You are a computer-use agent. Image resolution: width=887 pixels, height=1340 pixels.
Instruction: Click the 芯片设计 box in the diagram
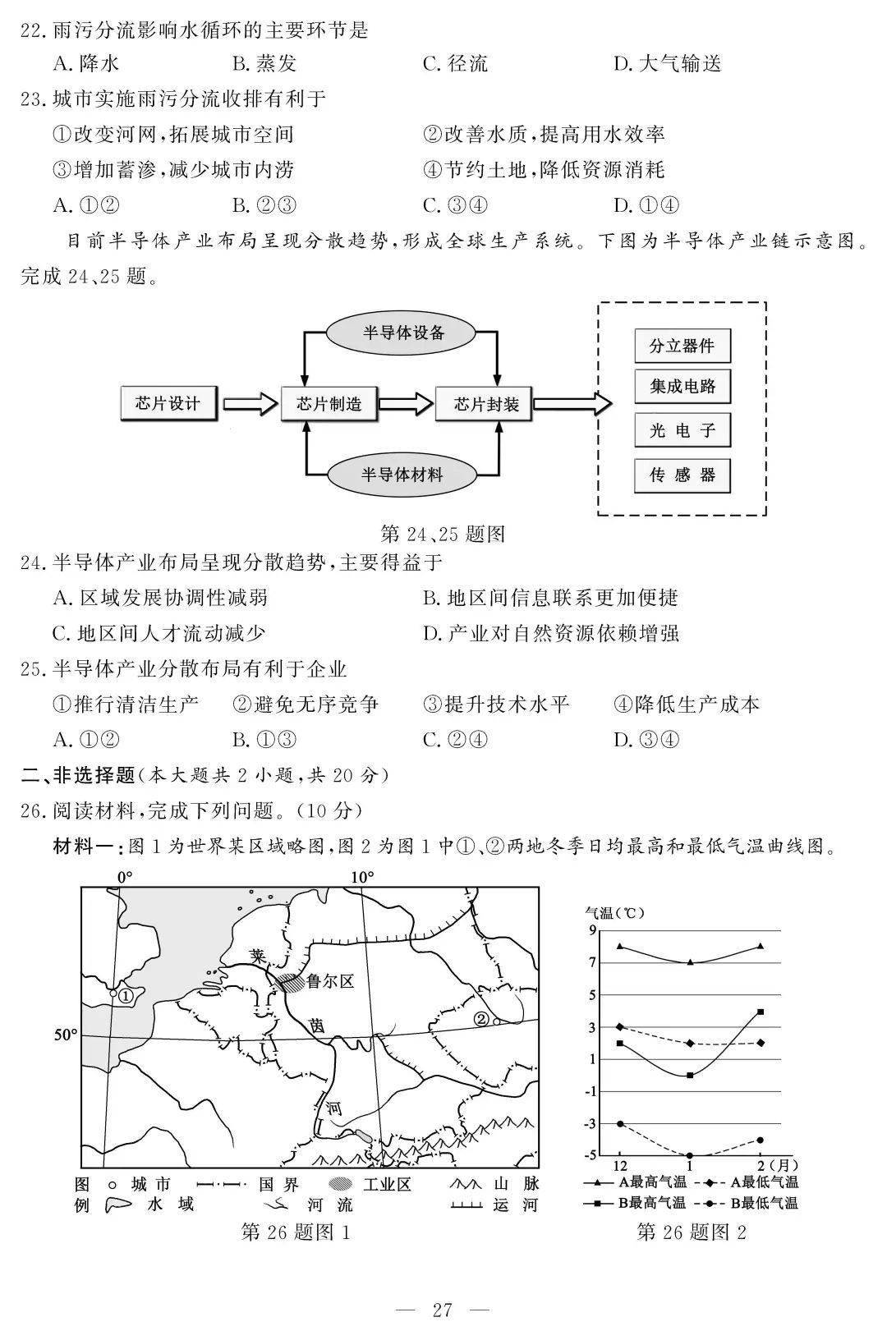click(x=168, y=403)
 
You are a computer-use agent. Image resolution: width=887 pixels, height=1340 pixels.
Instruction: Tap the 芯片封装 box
click(x=487, y=404)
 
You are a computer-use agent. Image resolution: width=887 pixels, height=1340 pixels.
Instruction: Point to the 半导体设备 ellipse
click(x=403, y=333)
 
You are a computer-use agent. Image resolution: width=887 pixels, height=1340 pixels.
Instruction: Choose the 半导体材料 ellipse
click(x=402, y=475)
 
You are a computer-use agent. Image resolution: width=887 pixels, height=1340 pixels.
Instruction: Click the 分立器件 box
click(x=682, y=346)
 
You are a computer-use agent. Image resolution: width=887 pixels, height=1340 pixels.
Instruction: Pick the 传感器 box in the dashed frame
click(x=682, y=475)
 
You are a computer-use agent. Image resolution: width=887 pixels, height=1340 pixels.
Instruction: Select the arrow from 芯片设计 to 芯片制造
click(x=250, y=404)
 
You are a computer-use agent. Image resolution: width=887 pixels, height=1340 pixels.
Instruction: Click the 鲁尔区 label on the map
click(x=329, y=980)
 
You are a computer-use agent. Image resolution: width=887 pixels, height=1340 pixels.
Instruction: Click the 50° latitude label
click(x=65, y=1035)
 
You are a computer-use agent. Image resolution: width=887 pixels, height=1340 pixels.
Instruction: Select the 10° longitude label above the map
click(x=362, y=877)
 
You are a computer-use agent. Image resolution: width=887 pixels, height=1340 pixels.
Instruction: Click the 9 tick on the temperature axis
click(x=592, y=929)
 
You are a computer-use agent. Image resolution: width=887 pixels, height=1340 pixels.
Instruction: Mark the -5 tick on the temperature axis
click(x=591, y=1155)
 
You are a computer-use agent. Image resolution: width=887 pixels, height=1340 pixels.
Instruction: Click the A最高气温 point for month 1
click(x=690, y=962)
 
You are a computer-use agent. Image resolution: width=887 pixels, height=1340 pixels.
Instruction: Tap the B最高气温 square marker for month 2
click(x=761, y=1012)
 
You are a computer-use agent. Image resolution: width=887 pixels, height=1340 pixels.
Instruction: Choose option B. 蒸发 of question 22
click(x=264, y=64)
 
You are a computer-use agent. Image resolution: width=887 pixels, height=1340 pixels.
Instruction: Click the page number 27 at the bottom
click(x=443, y=1310)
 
